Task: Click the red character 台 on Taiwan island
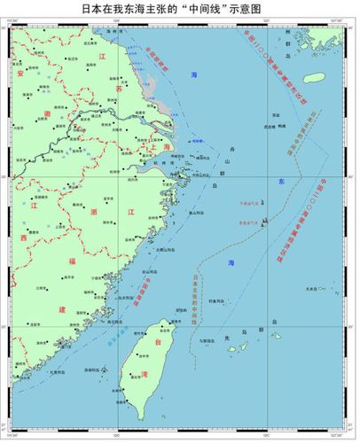tap(160, 339)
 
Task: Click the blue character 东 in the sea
tap(280, 182)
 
